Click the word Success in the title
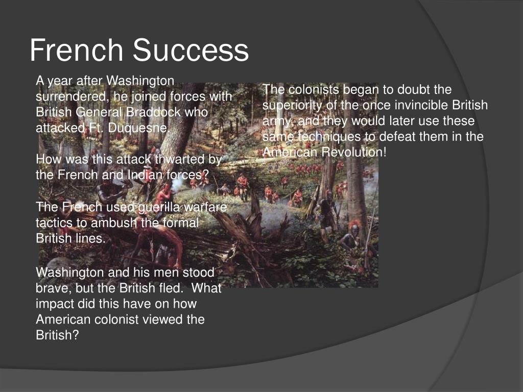click(191, 50)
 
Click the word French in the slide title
click(77, 50)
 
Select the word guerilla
click(159, 207)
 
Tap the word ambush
click(114, 223)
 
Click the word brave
click(51, 288)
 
